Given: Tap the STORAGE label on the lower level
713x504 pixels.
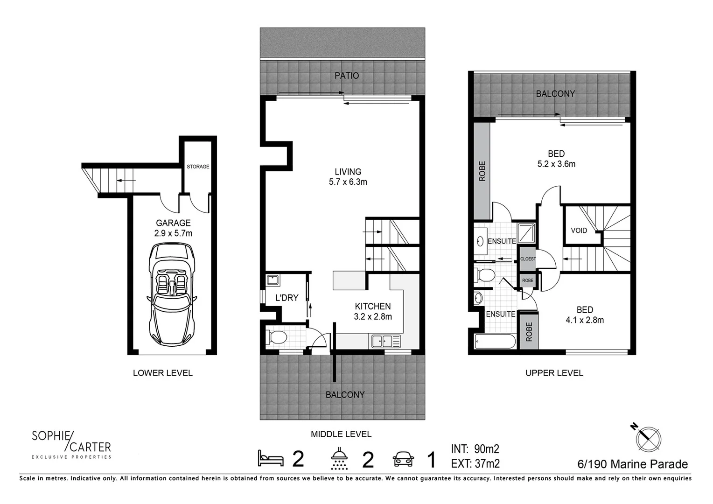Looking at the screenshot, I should [198, 167].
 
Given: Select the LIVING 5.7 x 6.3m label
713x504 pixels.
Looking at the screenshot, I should [348, 177].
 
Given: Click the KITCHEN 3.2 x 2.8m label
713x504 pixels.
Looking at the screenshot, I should [372, 311].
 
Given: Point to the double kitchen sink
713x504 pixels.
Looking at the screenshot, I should [386, 341].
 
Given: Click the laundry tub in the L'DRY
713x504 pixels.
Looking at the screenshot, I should [273, 280].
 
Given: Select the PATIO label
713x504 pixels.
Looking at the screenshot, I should [347, 76].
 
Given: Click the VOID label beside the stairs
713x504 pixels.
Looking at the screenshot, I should [579, 231].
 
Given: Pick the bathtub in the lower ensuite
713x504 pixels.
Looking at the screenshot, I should [495, 342].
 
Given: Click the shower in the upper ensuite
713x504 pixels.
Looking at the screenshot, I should [526, 233].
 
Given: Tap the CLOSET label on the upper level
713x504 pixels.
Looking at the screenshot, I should [528, 259].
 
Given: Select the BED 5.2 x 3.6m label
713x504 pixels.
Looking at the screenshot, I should [556, 159].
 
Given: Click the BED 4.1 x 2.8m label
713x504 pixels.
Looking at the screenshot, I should [585, 315].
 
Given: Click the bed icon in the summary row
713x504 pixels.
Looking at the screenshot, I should [271, 459].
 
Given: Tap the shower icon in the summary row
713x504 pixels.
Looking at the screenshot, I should [339, 459].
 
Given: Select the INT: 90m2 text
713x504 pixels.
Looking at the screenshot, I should [475, 449].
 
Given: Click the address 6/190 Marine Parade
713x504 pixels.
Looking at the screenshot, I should [632, 464].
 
